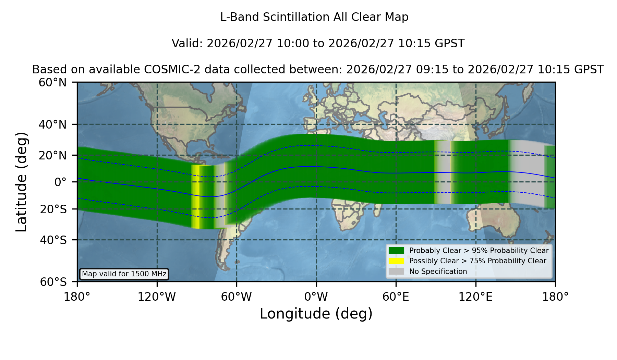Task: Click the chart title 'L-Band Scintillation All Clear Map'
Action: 314,17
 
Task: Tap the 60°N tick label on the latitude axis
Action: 53,82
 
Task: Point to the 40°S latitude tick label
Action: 53,240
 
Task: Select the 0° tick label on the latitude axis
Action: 60,182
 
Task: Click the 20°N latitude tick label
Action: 53,155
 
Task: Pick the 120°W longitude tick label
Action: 157,297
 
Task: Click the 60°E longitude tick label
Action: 396,297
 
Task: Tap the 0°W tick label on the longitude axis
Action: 316,297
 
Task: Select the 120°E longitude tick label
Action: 475,297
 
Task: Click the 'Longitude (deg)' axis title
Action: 316,314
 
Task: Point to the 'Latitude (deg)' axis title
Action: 21,182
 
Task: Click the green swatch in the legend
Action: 396,250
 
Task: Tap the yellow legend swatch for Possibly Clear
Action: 396,261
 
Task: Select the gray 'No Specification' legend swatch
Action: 396,272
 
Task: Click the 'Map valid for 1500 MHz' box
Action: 124,274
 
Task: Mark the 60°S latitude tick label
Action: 53,282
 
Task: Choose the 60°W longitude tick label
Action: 236,297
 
